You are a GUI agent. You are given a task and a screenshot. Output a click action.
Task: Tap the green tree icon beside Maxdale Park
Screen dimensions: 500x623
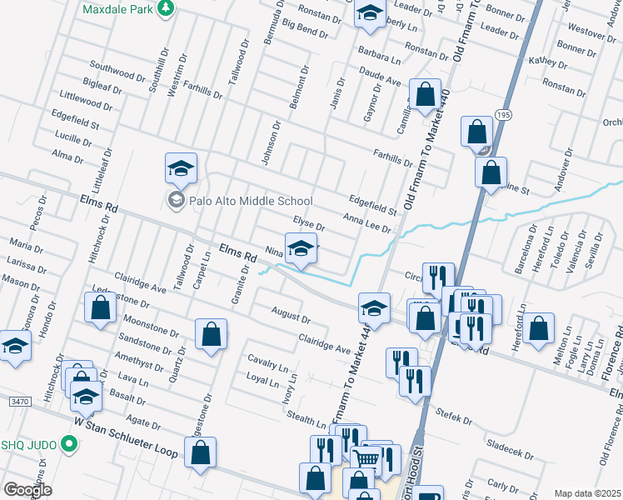click(x=167, y=7)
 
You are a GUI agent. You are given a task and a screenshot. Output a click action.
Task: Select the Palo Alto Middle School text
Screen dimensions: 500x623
click(x=250, y=201)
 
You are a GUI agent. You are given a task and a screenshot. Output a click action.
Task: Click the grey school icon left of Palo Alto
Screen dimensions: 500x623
click(x=175, y=200)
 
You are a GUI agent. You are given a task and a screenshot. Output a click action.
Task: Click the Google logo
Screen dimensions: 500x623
click(x=27, y=490)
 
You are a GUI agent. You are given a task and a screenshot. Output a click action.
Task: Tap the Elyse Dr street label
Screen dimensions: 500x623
click(x=308, y=223)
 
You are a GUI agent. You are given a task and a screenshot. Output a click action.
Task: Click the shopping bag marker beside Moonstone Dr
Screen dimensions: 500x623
click(x=212, y=334)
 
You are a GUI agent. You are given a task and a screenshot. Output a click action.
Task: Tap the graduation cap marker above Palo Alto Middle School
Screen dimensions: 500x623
click(x=181, y=168)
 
